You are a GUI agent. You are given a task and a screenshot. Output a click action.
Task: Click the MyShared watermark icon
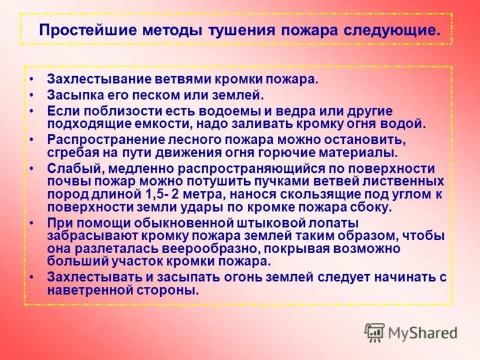(374, 332)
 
